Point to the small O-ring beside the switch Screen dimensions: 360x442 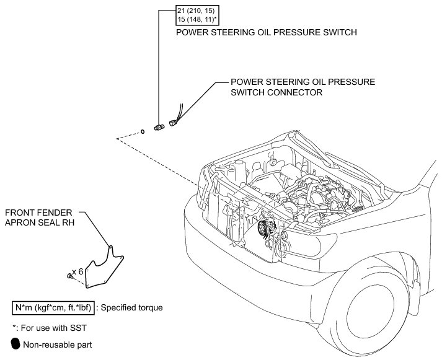[143, 131]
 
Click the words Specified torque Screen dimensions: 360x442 [134, 307]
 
